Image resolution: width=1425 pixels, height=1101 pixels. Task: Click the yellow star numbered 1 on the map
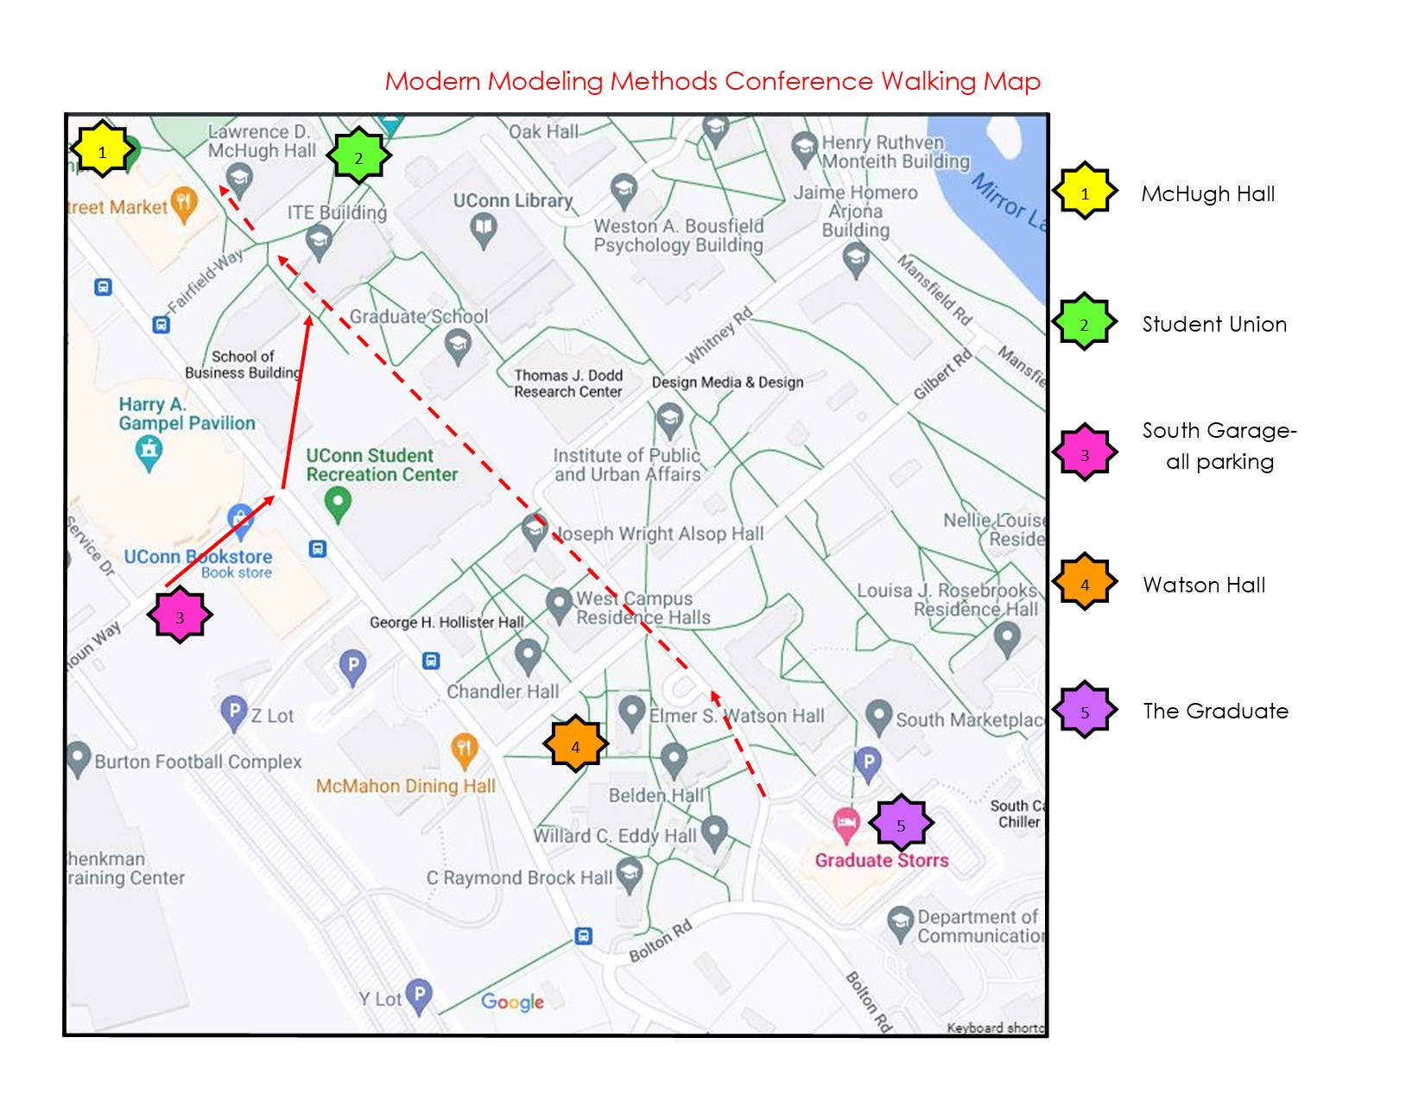tap(102, 151)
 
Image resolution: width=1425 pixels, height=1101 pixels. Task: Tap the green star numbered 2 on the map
tap(358, 156)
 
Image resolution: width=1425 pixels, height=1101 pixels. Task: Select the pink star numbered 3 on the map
tap(180, 616)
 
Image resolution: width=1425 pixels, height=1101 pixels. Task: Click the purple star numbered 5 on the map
tap(901, 824)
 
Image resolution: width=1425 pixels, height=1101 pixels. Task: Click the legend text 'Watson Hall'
tap(1204, 585)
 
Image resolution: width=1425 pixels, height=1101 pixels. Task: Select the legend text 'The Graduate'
tap(1215, 711)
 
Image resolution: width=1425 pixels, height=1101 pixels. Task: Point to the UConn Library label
tap(513, 200)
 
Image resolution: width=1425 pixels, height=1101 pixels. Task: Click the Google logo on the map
tap(512, 1002)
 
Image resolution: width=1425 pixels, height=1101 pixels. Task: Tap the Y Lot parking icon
tap(418, 996)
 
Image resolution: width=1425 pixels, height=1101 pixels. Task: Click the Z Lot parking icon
tap(233, 712)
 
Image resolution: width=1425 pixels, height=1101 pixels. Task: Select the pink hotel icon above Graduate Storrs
tap(845, 823)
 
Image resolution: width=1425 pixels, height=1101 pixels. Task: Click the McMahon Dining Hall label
tap(405, 786)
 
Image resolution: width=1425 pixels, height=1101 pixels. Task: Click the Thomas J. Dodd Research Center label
tap(567, 383)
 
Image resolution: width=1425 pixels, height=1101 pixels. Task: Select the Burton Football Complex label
tap(198, 762)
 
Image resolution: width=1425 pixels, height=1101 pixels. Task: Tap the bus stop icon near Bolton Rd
tap(584, 936)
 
